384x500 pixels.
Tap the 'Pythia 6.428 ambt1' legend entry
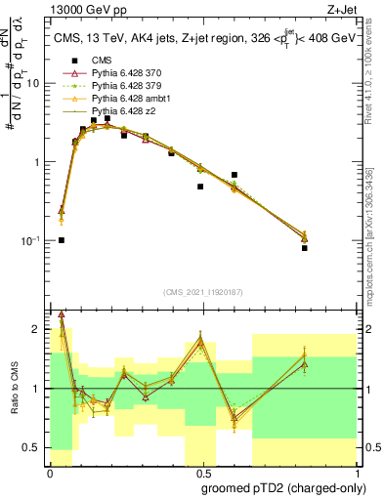tap(117, 100)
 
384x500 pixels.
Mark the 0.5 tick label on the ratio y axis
tap(34, 447)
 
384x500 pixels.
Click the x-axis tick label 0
tap(50, 472)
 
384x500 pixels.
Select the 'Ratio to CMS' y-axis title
tap(13, 389)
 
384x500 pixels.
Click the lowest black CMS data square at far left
tap(61, 239)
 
